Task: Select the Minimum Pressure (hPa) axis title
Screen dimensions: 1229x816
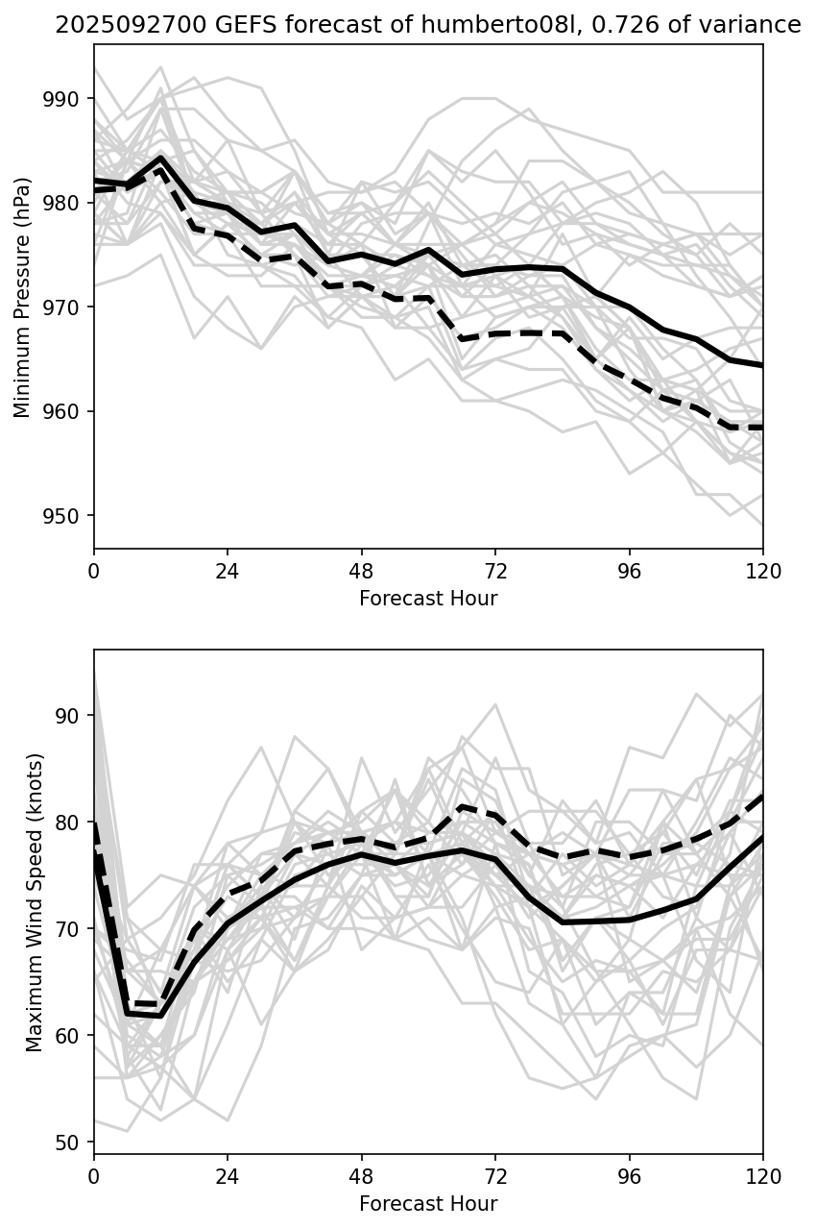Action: (x=23, y=297)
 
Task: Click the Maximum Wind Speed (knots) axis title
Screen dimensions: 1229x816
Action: (x=35, y=902)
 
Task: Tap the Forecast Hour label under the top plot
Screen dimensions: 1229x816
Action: (x=428, y=599)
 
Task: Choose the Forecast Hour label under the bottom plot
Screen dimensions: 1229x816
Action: (x=428, y=1204)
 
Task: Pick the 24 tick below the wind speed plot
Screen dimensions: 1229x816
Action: (x=228, y=1174)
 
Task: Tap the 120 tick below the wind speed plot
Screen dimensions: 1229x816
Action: (x=763, y=1174)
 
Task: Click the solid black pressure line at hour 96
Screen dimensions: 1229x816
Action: (x=629, y=307)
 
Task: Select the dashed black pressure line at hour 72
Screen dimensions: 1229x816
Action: (x=494, y=333)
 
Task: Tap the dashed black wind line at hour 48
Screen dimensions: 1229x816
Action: (x=361, y=839)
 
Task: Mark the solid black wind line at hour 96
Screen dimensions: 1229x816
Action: (x=629, y=920)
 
